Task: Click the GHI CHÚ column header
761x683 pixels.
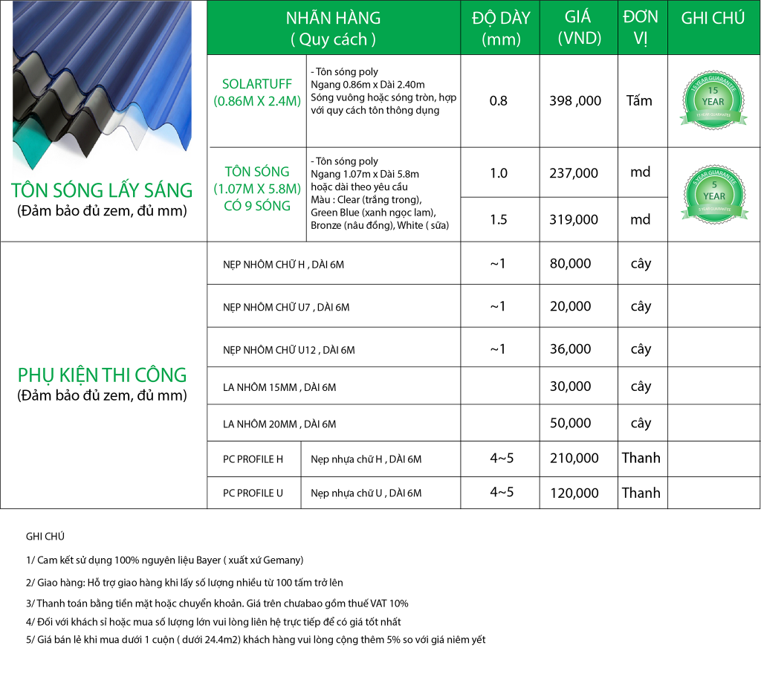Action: (713, 19)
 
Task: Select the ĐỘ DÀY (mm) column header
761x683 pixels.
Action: (501, 28)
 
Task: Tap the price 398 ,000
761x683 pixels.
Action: (575, 100)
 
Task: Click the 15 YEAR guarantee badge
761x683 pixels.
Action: (713, 101)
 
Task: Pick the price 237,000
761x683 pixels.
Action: (573, 173)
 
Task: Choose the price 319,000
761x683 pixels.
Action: (573, 219)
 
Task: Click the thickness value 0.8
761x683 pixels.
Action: (498, 100)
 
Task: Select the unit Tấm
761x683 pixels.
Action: (639, 100)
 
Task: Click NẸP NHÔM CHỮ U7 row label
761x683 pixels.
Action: (286, 307)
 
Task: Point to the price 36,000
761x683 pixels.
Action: (571, 349)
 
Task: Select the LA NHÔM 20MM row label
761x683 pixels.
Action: (279, 424)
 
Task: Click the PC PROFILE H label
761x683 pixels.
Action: (253, 459)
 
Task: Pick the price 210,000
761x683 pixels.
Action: (574, 459)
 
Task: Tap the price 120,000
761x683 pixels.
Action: (574, 493)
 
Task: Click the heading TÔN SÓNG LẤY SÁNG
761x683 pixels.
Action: (103, 190)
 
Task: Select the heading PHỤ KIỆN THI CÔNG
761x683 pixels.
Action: (103, 375)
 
